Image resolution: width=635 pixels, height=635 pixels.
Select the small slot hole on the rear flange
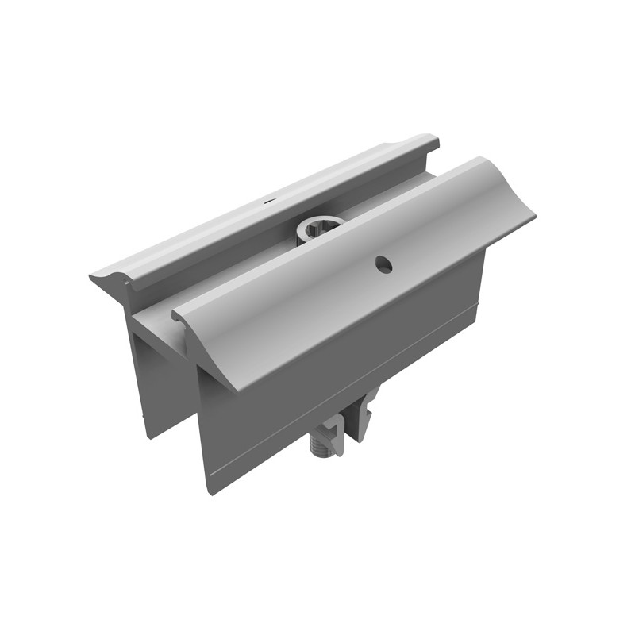pyautogui.click(x=270, y=202)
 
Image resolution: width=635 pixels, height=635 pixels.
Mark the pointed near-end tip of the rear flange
pyautogui.click(x=94, y=277)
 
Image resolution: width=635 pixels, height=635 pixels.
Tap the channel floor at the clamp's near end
pyautogui.click(x=159, y=317)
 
